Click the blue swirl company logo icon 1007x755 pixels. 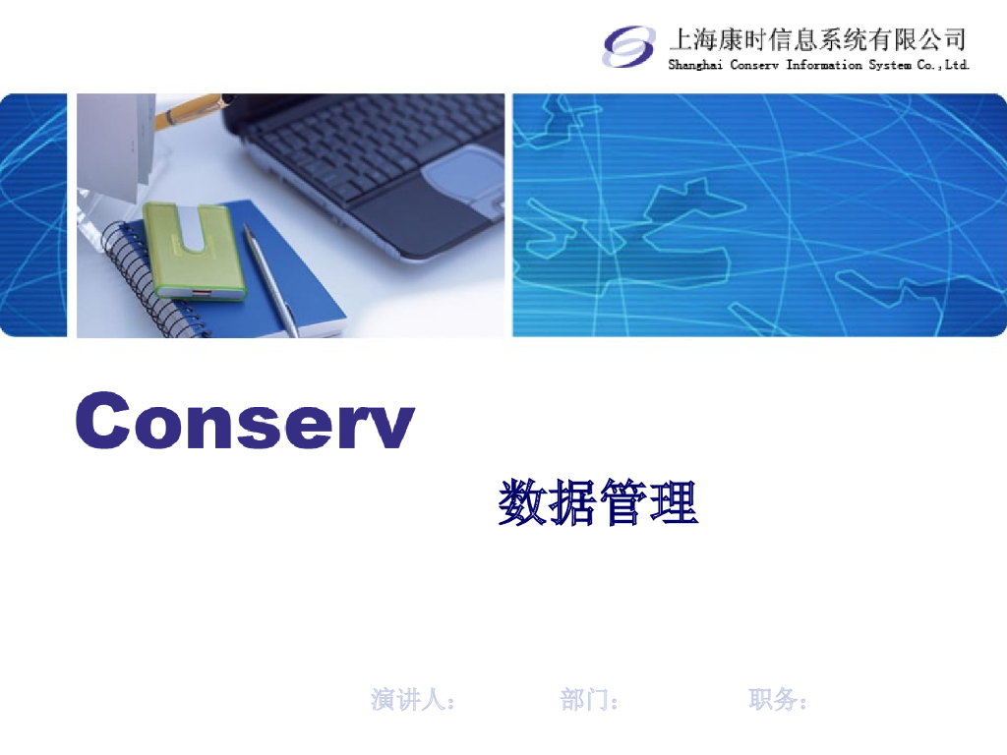click(x=628, y=46)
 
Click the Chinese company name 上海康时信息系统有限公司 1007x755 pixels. click(x=817, y=39)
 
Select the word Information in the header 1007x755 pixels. click(x=824, y=66)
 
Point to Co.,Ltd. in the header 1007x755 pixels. click(x=943, y=66)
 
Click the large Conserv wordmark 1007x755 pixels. click(x=245, y=421)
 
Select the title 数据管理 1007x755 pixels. click(x=598, y=503)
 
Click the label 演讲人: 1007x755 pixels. click(x=413, y=700)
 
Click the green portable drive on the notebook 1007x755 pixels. click(x=192, y=248)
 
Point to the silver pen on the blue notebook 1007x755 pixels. click(x=270, y=280)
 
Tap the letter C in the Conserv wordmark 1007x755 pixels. click(x=105, y=421)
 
